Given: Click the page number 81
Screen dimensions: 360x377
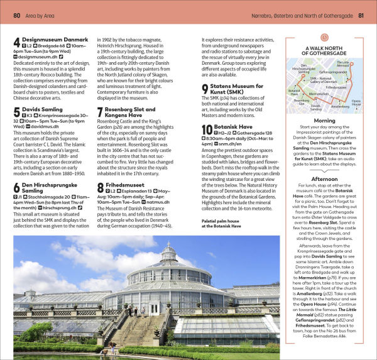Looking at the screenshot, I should (361, 14).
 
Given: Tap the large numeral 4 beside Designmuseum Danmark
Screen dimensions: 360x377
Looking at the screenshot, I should (17, 44).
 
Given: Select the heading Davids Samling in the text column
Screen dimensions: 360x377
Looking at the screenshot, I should (41, 109).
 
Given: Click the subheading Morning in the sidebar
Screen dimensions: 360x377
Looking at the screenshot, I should (324, 120).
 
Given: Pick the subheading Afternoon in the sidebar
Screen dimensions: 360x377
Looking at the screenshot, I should (324, 177).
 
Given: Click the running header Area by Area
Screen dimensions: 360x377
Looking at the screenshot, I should (43, 14).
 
